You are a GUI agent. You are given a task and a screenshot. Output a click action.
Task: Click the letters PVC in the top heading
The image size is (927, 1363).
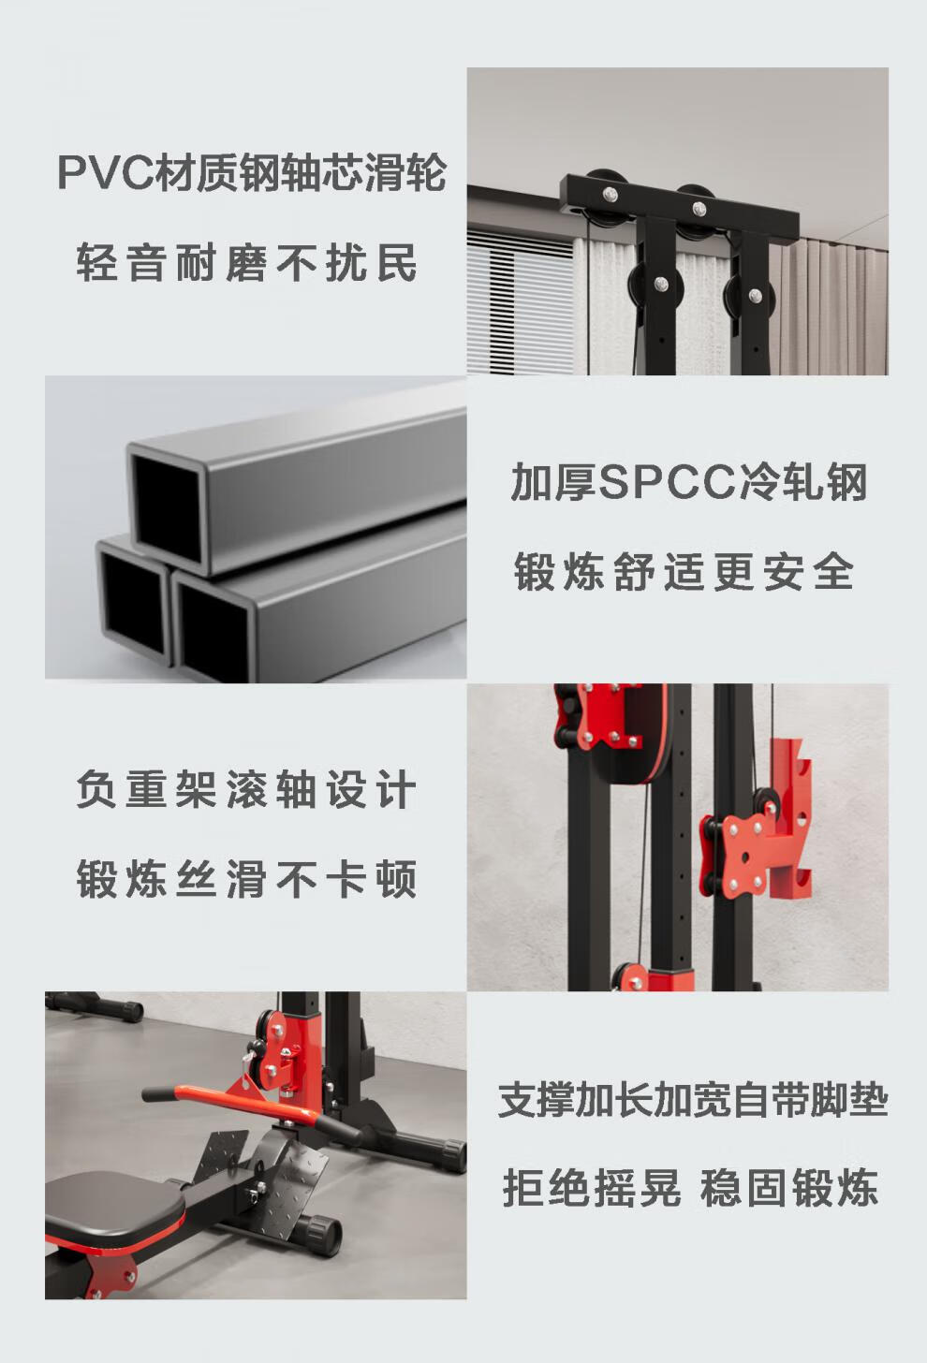(x=105, y=173)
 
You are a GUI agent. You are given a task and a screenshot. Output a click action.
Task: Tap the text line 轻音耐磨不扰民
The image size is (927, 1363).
(x=247, y=263)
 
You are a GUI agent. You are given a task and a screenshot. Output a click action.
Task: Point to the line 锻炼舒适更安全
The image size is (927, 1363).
(x=683, y=571)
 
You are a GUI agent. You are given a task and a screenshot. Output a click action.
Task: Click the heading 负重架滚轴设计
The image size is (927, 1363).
(x=246, y=790)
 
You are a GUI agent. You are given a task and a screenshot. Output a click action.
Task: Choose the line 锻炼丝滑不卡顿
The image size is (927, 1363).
(x=246, y=879)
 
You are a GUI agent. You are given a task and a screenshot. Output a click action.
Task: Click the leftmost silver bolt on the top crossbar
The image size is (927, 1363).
(x=610, y=194)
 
